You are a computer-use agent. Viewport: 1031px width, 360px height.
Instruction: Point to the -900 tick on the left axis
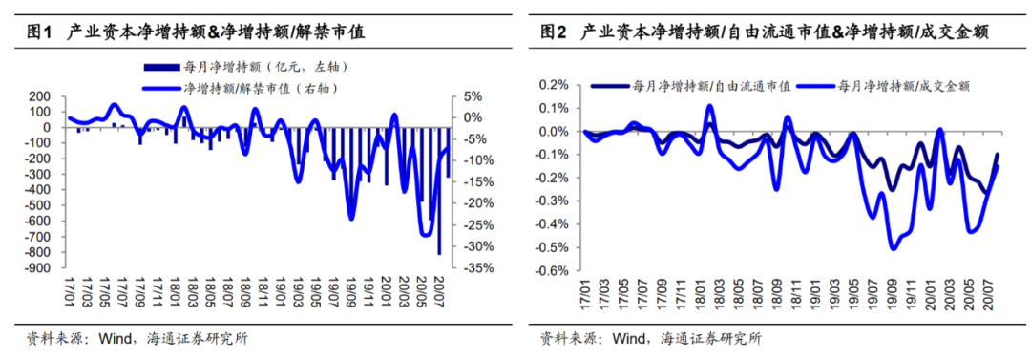pos(36,268)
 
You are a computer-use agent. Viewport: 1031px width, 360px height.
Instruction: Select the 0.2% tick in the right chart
pos(554,85)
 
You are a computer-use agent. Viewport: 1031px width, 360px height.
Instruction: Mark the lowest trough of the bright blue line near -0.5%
pos(894,248)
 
